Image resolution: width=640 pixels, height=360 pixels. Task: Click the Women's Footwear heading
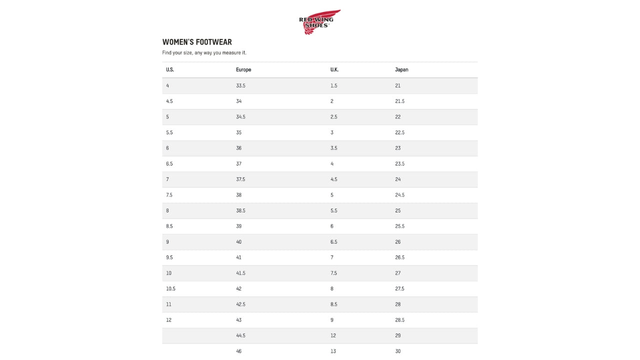197,42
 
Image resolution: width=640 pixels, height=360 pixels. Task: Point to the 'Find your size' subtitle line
204,53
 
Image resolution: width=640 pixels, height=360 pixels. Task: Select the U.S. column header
170,69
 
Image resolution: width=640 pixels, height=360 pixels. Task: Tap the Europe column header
243,69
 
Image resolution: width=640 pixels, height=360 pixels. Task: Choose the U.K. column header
334,69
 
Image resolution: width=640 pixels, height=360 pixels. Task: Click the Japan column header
401,69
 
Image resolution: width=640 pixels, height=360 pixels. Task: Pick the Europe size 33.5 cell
240,85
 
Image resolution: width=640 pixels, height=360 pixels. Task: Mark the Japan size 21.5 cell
399,101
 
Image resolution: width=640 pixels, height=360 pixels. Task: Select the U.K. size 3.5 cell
333,148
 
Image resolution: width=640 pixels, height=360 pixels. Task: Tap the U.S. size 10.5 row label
170,288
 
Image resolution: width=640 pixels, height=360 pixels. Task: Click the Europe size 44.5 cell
240,335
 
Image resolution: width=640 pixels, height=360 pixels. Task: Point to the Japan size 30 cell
397,351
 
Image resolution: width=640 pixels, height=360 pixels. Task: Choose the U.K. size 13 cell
333,351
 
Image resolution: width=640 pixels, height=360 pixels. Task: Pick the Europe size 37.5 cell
240,179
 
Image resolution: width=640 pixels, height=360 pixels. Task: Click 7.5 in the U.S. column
169,195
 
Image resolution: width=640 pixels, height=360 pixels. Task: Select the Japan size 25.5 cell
399,226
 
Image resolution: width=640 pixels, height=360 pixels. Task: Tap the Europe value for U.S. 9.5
238,257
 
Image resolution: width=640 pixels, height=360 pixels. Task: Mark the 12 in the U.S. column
168,320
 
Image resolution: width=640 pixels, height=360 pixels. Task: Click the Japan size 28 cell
397,304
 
